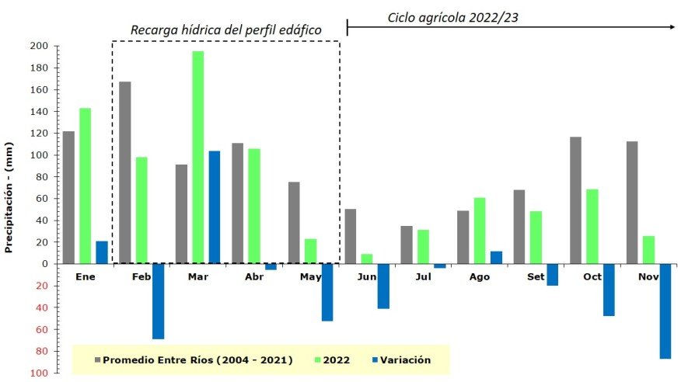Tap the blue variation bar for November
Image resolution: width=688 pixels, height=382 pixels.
pyautogui.click(x=665, y=311)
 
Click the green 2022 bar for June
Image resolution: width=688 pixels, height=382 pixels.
pyautogui.click(x=367, y=259)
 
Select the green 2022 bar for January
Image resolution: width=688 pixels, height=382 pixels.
pyautogui.click(x=86, y=186)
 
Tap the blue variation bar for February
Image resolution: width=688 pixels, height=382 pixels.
pyautogui.click(x=158, y=301)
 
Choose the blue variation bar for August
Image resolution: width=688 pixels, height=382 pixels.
pyautogui.click(x=496, y=257)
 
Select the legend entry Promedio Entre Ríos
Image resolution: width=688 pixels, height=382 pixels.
pyautogui.click(x=194, y=360)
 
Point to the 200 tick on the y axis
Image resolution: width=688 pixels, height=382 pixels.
pyautogui.click(x=40, y=47)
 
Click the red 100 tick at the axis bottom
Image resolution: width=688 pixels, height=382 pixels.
pyautogui.click(x=40, y=373)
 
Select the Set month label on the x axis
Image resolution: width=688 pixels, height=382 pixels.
pyautogui.click(x=535, y=276)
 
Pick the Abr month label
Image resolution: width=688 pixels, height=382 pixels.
pyautogui.click(x=254, y=276)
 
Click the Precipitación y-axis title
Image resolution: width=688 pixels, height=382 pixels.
pyautogui.click(x=9, y=197)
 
